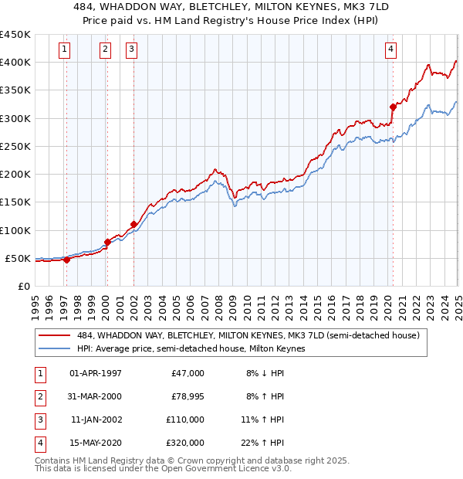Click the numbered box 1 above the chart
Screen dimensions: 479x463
click(63, 49)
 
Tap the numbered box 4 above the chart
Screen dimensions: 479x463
click(391, 49)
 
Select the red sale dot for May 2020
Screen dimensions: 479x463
click(393, 107)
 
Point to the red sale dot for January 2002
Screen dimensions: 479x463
click(133, 224)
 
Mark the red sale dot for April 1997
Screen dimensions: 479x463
click(66, 260)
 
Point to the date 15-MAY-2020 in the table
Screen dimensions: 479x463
click(96, 443)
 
